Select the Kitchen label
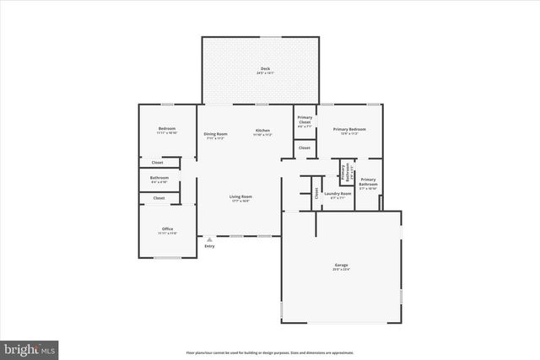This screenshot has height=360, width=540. pos(262,131)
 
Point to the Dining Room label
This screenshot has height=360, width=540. pos(215,134)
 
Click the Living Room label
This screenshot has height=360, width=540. pos(241,196)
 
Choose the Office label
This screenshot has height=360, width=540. pos(167,229)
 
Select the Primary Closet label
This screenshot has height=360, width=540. pos(305,121)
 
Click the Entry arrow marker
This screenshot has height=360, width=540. pos(209,239)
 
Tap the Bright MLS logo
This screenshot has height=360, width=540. pos(30,347)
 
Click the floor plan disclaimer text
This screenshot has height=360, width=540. pos(269,352)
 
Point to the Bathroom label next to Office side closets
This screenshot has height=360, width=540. pos(159,178)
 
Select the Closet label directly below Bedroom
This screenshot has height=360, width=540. pos(158,162)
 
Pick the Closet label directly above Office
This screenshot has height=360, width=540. pos(159,197)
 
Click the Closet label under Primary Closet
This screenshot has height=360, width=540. pos(305,148)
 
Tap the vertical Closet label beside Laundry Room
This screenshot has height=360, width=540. pos(316,191)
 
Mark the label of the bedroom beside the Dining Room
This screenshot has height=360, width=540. pos(166,129)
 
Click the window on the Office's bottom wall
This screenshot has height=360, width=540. pos(167,258)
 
